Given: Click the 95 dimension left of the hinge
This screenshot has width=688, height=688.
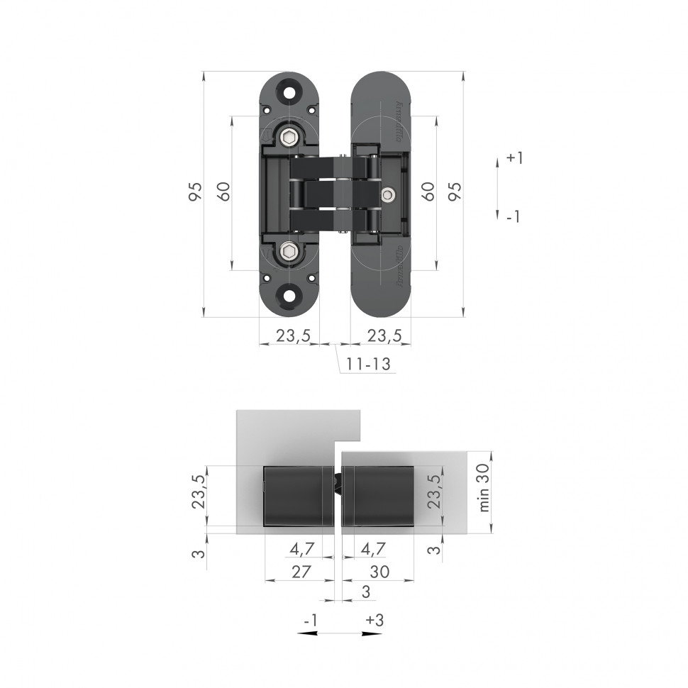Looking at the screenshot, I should pos(195,192).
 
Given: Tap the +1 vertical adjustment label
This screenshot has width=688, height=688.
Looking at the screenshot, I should pos(514,158).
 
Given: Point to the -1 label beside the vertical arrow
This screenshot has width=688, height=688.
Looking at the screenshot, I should pos(514,216).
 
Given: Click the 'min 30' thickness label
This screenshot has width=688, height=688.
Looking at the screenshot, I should pos(484,490).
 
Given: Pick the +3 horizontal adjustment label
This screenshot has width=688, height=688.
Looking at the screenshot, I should pos(374,620).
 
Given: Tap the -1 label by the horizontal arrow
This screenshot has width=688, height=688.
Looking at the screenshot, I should pos(309,620).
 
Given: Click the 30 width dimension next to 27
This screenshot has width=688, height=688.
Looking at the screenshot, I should pos(379,572).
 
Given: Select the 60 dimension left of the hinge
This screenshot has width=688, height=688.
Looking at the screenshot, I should pos(223,192).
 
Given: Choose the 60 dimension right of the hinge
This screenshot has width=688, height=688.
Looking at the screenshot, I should pos(428,192).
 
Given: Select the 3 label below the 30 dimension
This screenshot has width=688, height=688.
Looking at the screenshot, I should pos(365,592).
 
